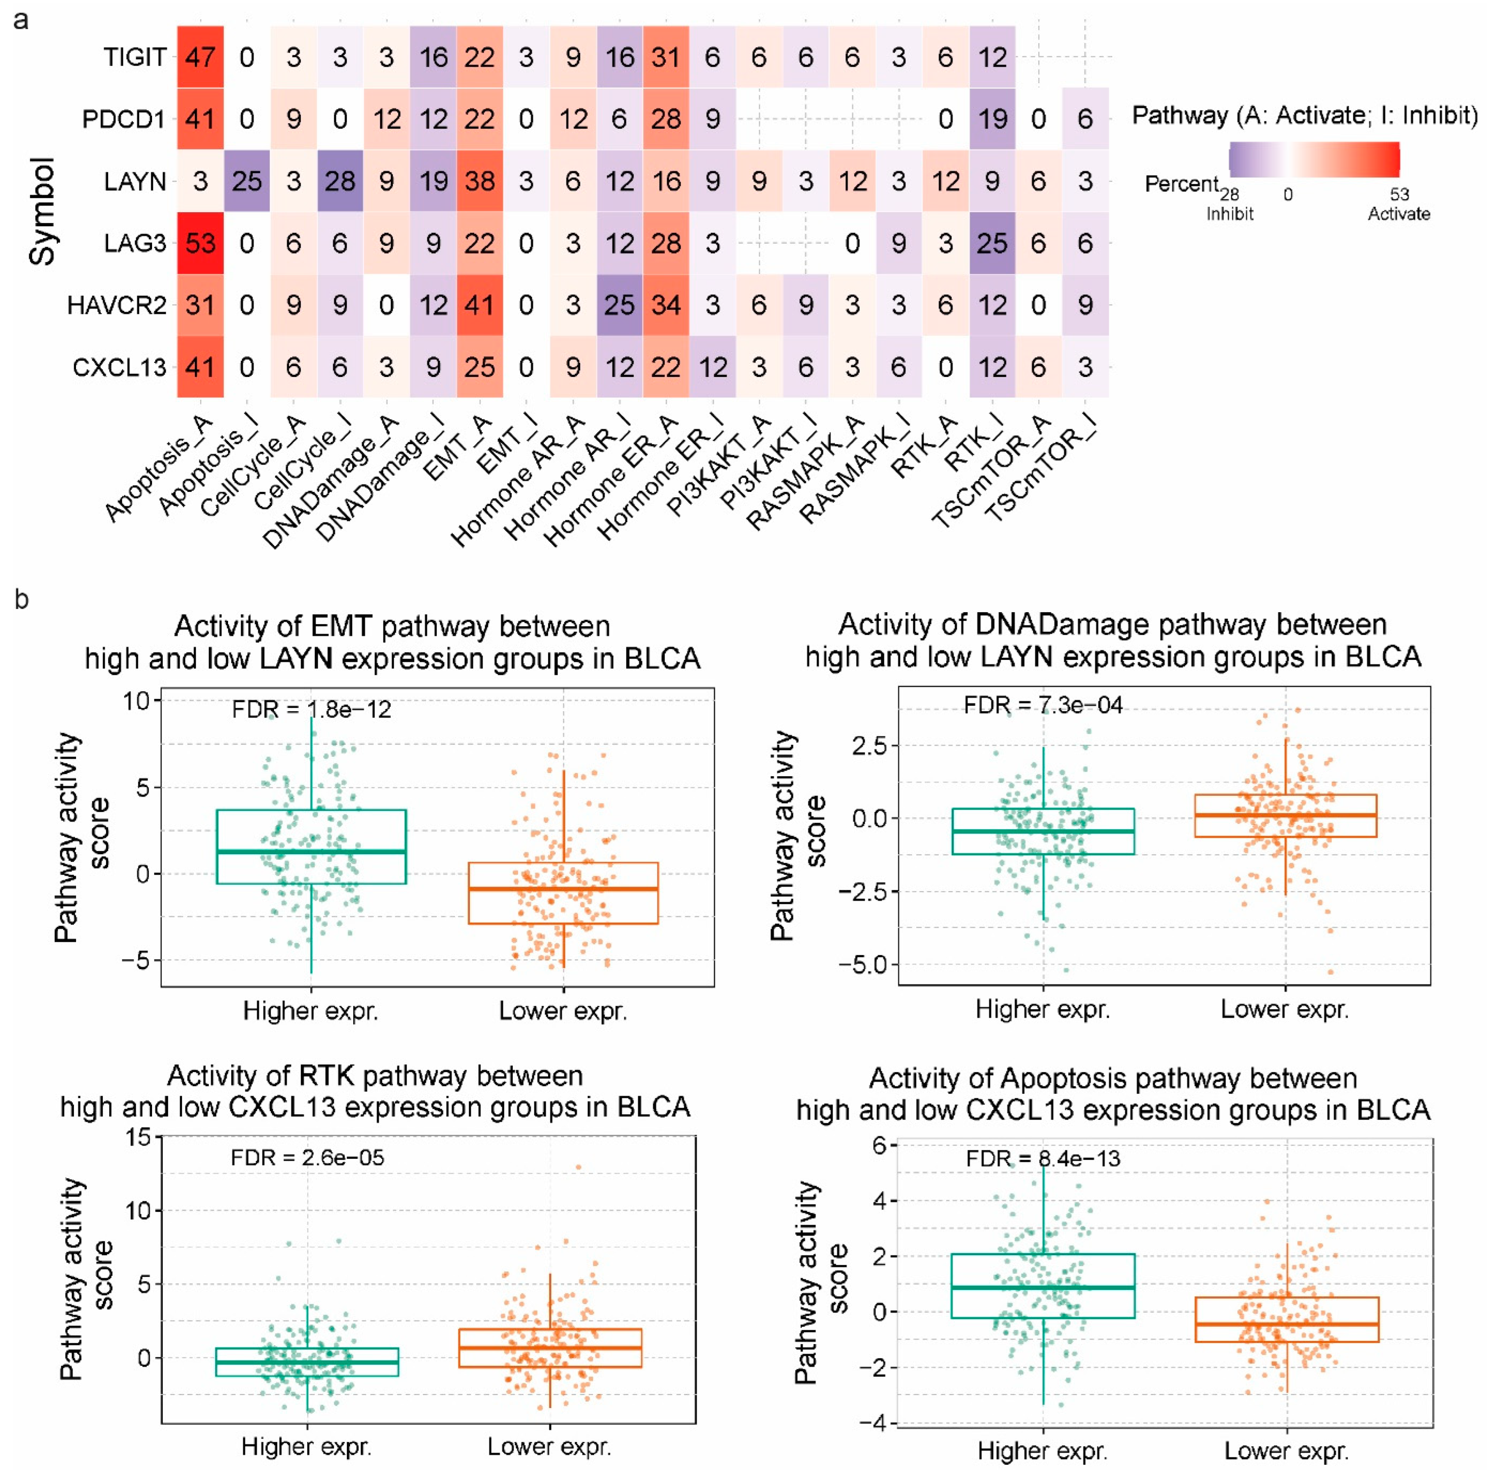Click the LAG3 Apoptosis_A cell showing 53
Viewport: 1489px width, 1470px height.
200,244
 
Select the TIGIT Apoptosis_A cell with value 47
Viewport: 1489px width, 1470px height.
200,57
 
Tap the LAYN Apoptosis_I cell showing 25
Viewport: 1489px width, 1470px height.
247,181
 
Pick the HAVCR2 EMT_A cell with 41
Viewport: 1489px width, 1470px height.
480,305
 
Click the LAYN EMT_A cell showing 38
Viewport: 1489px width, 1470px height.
480,181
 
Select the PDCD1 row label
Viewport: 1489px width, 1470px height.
123,119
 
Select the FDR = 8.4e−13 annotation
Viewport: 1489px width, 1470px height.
1043,1158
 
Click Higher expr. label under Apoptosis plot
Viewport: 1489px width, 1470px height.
1042,1451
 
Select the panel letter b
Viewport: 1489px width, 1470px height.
22,599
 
